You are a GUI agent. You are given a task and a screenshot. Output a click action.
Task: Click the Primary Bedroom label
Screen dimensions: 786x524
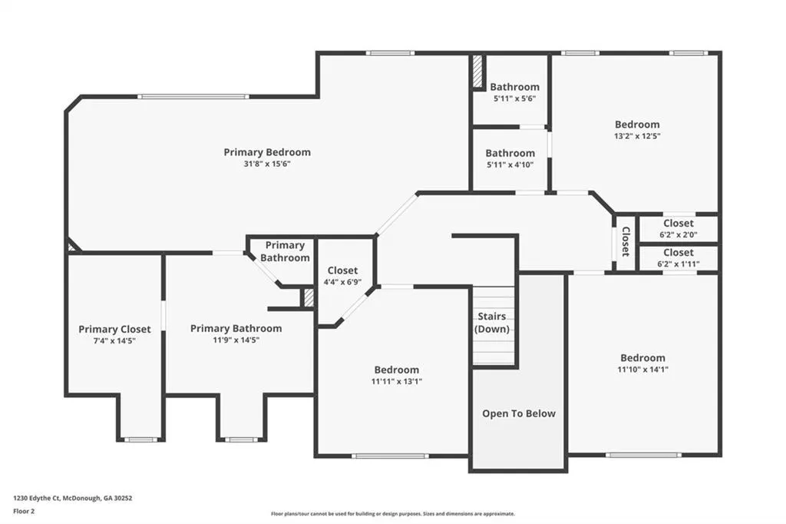[267, 152]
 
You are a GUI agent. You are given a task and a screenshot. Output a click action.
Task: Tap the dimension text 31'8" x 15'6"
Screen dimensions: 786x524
[267, 164]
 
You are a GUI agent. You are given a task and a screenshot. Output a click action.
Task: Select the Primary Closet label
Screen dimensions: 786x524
[115, 330]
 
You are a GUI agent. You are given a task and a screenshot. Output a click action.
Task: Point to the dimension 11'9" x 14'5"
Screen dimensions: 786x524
[236, 340]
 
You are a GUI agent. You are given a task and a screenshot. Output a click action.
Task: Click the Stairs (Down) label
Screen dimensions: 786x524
[492, 323]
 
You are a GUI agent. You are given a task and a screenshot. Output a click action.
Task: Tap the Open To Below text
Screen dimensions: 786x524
[519, 413]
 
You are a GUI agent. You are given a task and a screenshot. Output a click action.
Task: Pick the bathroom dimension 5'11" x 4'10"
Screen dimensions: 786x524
[510, 164]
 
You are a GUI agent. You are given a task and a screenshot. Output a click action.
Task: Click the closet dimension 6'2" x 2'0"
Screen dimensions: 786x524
[679, 234]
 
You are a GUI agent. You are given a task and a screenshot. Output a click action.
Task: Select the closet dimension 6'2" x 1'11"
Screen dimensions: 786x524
[679, 264]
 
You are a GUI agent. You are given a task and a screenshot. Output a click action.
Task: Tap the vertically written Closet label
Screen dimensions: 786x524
[626, 241]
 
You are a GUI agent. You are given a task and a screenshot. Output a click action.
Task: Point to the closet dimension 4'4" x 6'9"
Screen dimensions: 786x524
[342, 282]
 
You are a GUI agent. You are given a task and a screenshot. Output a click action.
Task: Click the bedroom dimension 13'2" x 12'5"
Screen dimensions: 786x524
[637, 136]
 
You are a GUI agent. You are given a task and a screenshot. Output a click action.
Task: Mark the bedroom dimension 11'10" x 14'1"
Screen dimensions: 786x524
[642, 370]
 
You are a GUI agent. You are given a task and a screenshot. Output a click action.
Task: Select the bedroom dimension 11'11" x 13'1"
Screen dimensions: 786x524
[397, 381]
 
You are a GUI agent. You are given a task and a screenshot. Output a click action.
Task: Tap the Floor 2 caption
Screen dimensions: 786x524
[24, 512]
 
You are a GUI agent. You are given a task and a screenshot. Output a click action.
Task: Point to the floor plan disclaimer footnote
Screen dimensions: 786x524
[393, 514]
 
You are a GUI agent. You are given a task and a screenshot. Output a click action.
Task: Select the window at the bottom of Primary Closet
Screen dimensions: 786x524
[141, 439]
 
